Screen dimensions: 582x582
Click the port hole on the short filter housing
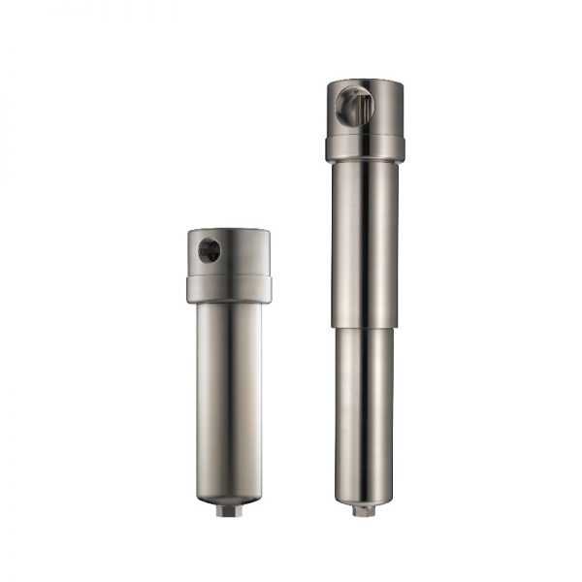[209, 251]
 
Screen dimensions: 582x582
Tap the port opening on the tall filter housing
[352, 105]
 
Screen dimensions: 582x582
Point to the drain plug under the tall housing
[364, 509]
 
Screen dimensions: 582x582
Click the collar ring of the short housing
[229, 289]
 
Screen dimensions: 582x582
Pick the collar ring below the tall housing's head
[365, 148]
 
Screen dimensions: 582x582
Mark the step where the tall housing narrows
[365, 326]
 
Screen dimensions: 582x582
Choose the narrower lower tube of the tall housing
[365, 407]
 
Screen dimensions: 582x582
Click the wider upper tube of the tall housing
[365, 242]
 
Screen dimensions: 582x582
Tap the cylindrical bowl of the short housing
[229, 398]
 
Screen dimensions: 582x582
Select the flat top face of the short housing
[229, 233]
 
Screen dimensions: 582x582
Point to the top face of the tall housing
[365, 83]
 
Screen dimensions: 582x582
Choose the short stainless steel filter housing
[229, 369]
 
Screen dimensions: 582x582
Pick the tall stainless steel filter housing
[365, 291]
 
